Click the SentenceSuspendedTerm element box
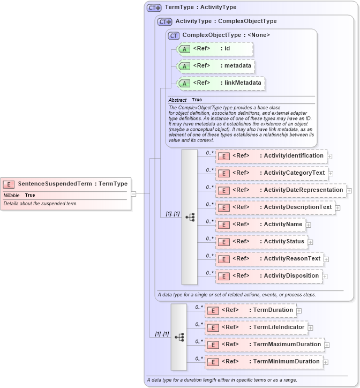[x=65, y=184]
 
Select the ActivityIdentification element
[x=271, y=156]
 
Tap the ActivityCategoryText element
[x=271, y=173]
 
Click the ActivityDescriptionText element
[x=275, y=207]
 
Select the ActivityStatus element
[x=261, y=241]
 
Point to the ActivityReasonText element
[x=269, y=258]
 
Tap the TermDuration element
[x=250, y=310]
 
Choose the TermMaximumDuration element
[x=264, y=344]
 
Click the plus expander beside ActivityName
[x=309, y=225]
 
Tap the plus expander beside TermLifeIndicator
[x=310, y=327]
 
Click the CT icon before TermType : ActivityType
[x=154, y=8]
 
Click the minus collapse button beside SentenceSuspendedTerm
[x=133, y=194]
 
